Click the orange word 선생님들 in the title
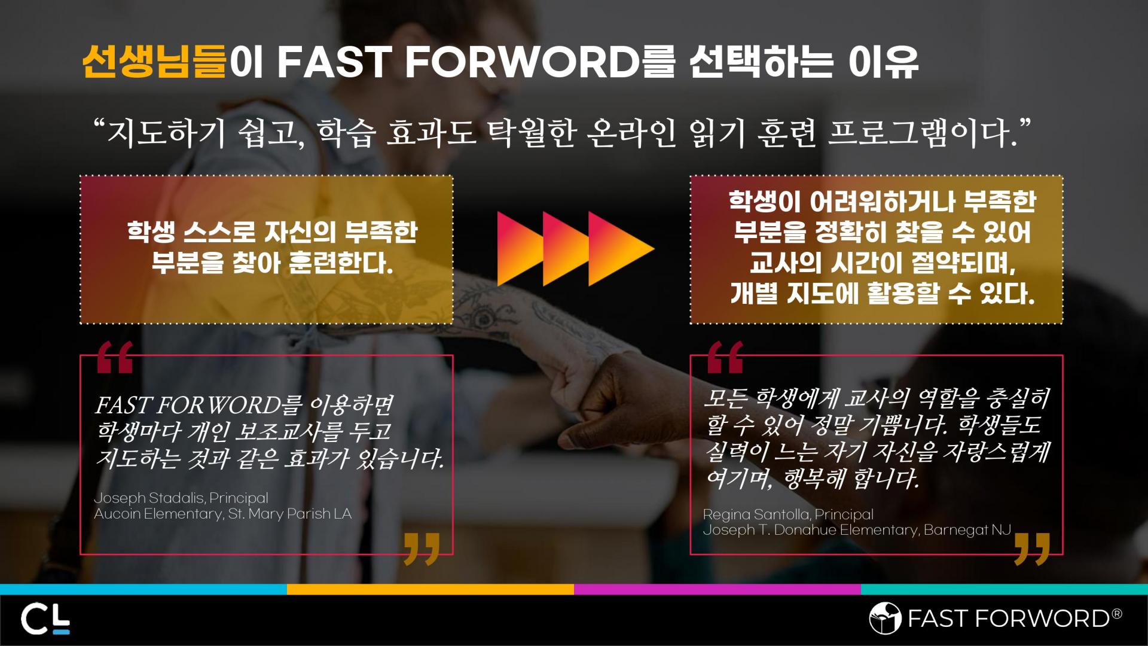coord(154,61)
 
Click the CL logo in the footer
coord(45,620)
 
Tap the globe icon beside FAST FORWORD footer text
coord(885,618)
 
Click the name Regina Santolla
coord(756,514)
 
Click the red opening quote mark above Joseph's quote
coord(115,357)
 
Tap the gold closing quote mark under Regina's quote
coord(1033,549)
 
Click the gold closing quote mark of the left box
coord(422,549)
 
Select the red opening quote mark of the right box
coord(725,357)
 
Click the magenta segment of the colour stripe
coord(717,589)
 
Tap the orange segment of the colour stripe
coord(430,589)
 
